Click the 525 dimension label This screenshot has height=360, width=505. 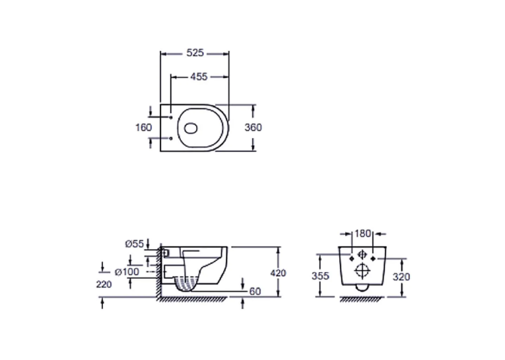coord(195,53)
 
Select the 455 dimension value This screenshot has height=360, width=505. coord(199,77)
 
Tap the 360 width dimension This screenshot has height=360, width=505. coord(253,127)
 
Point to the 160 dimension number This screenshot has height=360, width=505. coord(143,127)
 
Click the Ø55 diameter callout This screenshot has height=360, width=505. coord(135,244)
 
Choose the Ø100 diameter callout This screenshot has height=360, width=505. coord(127,271)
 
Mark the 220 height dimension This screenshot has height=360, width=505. coord(104,284)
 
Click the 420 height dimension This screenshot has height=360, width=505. coord(278,273)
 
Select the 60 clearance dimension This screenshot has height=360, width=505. coord(255,291)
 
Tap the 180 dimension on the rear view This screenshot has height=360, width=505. coord(362,233)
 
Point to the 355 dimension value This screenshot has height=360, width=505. coord(320,276)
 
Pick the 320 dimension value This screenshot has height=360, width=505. coord(401,277)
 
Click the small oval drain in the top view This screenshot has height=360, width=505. coord(190,128)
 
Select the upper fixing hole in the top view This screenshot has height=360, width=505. coord(171,118)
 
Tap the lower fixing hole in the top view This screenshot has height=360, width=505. coord(171,139)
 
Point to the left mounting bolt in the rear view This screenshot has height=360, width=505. coord(352,258)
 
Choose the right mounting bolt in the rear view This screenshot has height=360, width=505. coord(373,258)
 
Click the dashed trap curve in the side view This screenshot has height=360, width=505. coord(186,286)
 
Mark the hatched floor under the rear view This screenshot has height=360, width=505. coord(362,299)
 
